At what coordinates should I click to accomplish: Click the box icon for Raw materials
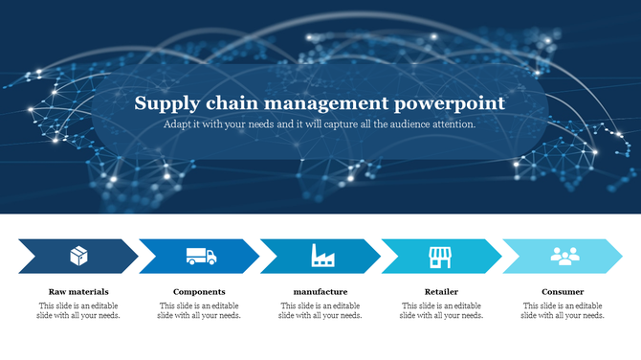click(79, 256)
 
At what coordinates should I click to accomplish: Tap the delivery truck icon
click(201, 256)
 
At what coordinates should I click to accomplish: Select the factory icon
click(322, 256)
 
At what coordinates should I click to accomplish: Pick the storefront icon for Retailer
click(440, 256)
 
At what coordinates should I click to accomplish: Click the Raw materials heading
click(78, 291)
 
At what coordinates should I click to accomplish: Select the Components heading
click(199, 291)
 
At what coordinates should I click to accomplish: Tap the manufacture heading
click(320, 291)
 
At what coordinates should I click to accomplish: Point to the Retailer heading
click(441, 291)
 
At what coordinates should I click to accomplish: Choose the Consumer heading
click(563, 291)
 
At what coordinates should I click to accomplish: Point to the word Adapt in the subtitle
click(177, 124)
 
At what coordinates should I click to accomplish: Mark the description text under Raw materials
click(78, 310)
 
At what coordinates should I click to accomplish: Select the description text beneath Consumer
click(563, 310)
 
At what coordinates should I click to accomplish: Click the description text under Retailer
click(441, 310)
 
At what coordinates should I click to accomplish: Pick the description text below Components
click(199, 310)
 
